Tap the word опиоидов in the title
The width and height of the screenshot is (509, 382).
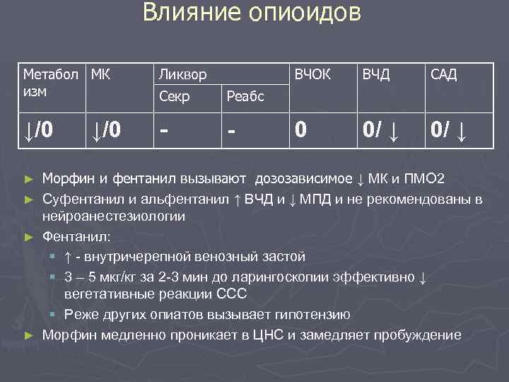tap(305, 13)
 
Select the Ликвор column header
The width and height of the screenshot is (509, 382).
tap(183, 74)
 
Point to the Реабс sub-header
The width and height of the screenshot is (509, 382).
tap(245, 96)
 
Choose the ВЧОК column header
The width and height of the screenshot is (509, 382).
tap(312, 74)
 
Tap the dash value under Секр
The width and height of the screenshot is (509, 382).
tap(165, 130)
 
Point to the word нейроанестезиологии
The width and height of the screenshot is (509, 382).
tap(114, 216)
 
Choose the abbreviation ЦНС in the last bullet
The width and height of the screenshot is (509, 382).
tap(264, 335)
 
